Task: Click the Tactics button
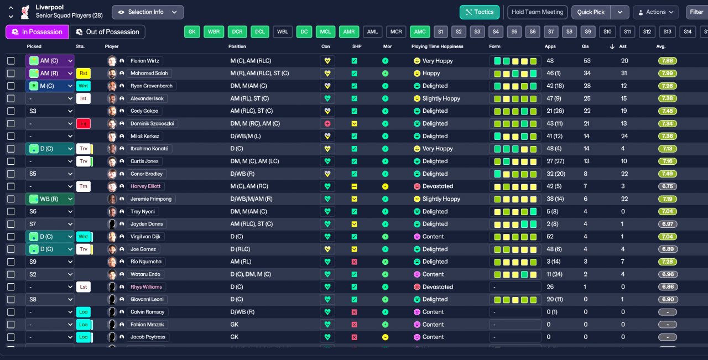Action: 479,12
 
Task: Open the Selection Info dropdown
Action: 147,12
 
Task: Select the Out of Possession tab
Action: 107,32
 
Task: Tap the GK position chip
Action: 192,32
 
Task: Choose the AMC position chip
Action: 420,32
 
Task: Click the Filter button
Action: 696,12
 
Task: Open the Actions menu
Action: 655,12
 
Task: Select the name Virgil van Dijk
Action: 146,237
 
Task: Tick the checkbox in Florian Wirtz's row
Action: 11,61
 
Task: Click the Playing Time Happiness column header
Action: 437,46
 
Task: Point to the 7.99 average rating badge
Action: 668,74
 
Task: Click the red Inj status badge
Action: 84,124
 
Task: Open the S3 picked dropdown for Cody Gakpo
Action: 50,111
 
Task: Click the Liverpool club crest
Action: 24,12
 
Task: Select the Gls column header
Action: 585,46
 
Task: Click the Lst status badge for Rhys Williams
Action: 84,287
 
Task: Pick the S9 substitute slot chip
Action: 589,32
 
